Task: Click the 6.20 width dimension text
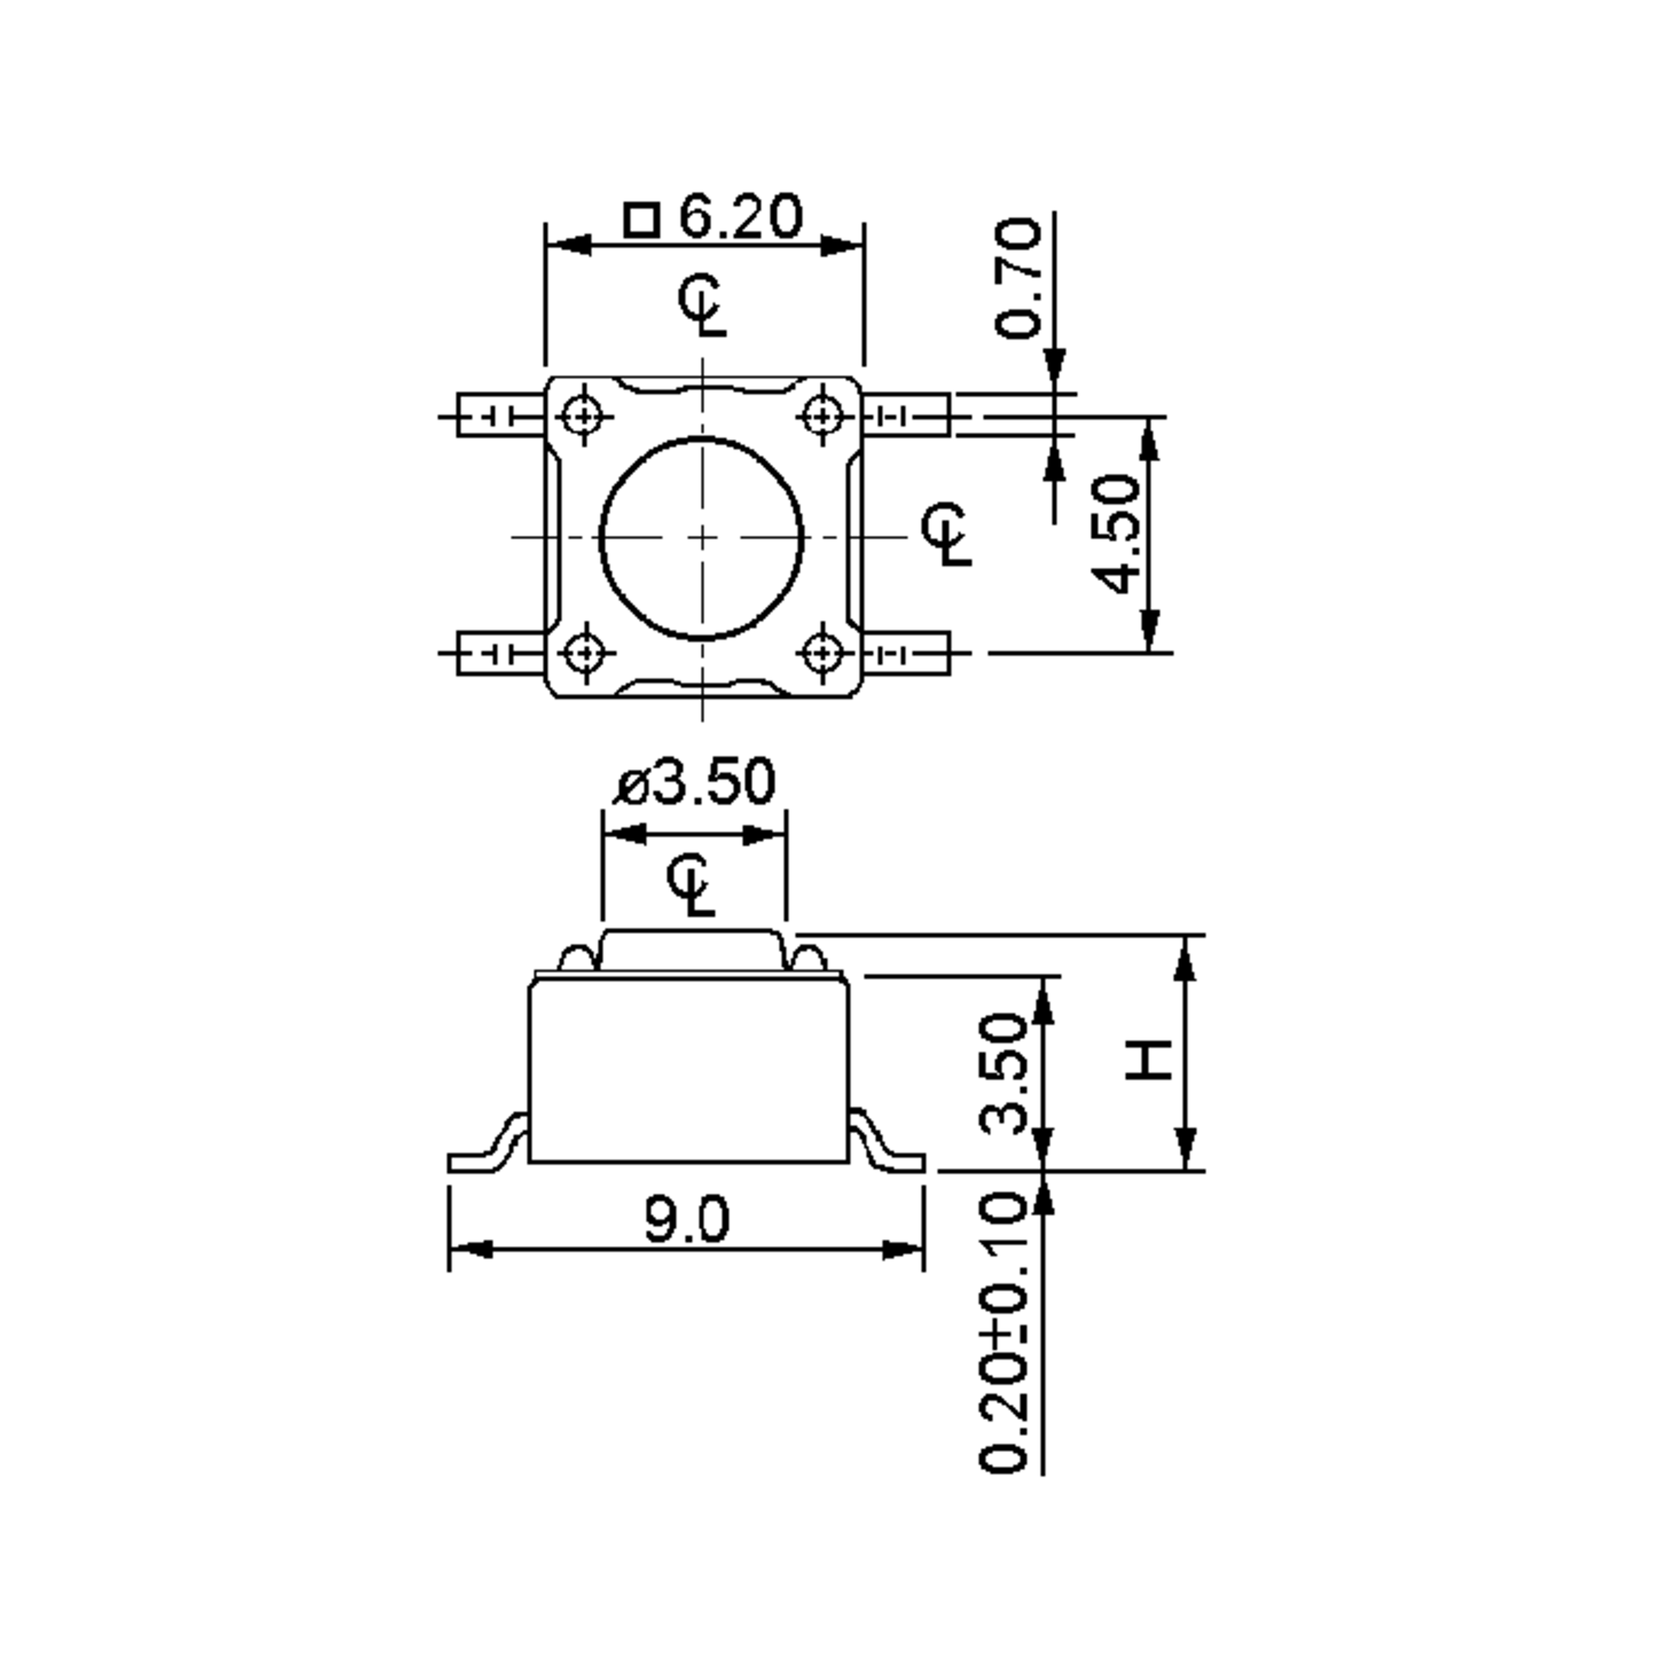pos(739,217)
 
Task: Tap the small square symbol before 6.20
pos(641,220)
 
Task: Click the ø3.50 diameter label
pos(695,782)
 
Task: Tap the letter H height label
pos(1148,1060)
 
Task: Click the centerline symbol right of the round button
pos(947,532)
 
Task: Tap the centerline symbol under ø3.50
pos(692,886)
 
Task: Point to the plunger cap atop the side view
pos(692,949)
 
